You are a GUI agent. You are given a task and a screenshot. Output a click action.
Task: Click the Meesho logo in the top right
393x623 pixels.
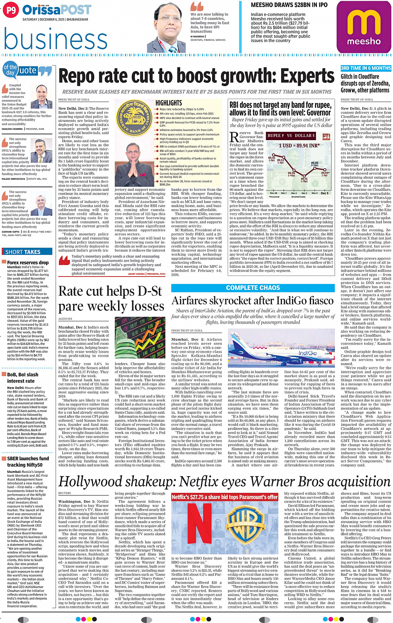[x=363, y=27]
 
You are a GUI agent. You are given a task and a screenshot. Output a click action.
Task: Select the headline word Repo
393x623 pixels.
[x=81, y=77]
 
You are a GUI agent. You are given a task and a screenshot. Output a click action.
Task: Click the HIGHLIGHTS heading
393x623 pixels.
[x=168, y=103]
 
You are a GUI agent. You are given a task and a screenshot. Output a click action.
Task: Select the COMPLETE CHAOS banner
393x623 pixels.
[x=253, y=288]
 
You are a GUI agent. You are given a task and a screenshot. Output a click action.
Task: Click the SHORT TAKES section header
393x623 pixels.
[x=23, y=252]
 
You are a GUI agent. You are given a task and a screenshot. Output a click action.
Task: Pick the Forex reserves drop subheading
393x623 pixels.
[x=28, y=262]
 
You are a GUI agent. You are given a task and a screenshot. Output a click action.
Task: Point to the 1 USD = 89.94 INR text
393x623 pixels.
[x=299, y=146]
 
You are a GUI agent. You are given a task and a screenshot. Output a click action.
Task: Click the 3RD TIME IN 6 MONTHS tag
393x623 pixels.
[x=366, y=68]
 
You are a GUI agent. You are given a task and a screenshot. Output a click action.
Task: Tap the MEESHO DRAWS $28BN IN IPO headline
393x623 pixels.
[x=289, y=5]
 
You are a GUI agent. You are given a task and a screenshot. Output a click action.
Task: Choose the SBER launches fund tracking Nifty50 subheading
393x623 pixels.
[x=28, y=462]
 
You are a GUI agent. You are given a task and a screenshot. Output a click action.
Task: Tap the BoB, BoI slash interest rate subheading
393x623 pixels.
[x=23, y=378]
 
